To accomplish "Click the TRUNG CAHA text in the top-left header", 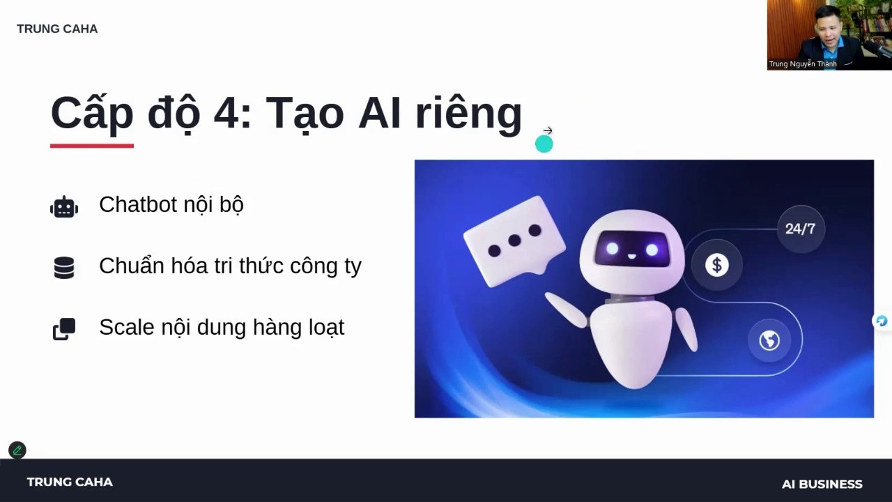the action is pos(57,29).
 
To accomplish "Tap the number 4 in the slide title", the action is pos(226,114).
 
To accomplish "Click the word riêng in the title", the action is pos(468,115).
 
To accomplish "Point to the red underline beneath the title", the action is pos(92,146).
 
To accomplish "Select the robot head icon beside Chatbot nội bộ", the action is pos(64,207).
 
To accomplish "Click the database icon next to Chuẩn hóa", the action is pos(64,268).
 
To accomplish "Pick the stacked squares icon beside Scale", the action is pos(64,328).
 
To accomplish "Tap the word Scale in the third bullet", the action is pos(127,327).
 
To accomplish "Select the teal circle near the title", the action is pos(544,144).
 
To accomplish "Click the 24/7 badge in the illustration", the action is pos(801,229).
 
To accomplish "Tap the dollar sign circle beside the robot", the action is pos(717,265).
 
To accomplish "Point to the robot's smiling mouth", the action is pos(632,257).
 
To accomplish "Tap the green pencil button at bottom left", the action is pos(17,450).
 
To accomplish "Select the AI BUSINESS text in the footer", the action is pos(822,484).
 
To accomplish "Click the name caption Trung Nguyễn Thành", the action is pos(802,63).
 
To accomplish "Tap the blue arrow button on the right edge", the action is pos(882,321).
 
